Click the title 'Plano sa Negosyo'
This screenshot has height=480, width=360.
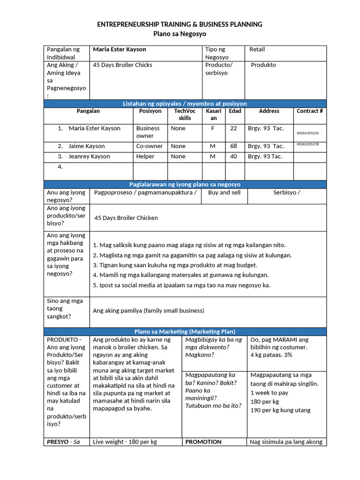(180, 34)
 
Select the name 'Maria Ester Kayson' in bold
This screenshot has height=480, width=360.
(120, 50)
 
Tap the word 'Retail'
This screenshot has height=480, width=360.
(257, 50)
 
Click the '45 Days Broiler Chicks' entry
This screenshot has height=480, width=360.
(123, 65)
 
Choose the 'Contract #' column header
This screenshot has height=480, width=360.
(310, 112)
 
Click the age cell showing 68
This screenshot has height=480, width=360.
(233, 146)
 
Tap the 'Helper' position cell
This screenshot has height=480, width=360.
(145, 157)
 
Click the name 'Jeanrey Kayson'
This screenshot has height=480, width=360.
(89, 157)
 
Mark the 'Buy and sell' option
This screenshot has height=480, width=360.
(224, 193)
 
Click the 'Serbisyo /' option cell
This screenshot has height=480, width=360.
(287, 193)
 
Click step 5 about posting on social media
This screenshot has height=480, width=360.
(182, 285)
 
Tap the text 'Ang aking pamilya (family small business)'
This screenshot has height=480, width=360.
(149, 311)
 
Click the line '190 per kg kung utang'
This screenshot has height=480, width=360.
(280, 411)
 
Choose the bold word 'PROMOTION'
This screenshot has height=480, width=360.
(203, 442)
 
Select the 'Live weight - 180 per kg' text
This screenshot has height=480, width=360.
(125, 442)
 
